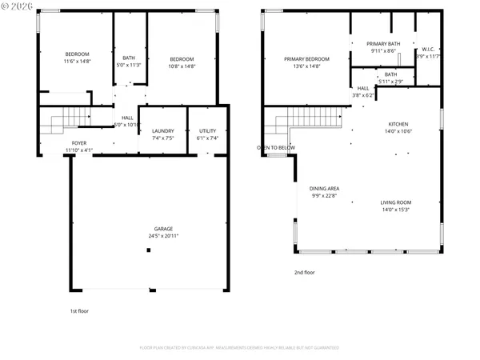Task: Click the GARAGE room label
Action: tap(152, 229)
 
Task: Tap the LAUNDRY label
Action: tap(163, 130)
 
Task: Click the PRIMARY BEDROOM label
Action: tap(307, 58)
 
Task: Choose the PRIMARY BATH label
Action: tap(383, 43)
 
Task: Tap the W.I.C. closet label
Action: tap(428, 50)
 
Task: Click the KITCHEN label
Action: tap(398, 124)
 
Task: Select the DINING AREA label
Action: tap(325, 189)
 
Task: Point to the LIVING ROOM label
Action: tap(395, 202)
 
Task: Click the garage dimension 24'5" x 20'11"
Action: tap(152, 236)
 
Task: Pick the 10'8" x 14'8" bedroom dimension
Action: tap(182, 66)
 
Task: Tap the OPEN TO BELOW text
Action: tap(276, 148)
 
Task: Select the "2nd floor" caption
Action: tap(305, 272)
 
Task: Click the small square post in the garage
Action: tap(148, 251)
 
